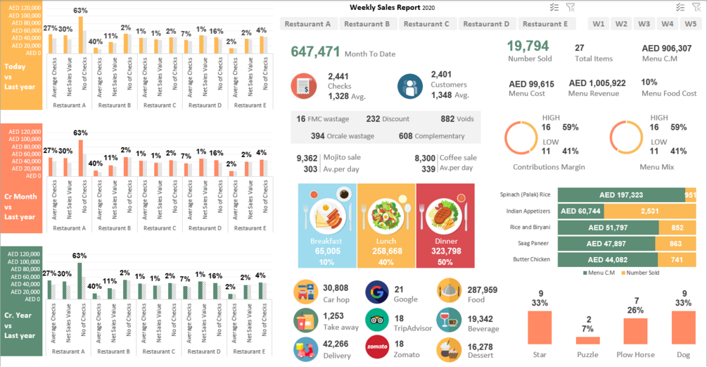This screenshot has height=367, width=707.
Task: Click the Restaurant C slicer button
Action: pos(427,24)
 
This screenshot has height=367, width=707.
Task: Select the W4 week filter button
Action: pos(667,24)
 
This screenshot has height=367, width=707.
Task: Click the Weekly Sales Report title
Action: pos(386,7)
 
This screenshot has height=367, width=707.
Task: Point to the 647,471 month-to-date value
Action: pos(315,52)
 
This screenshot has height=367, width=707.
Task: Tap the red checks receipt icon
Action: pos(304,86)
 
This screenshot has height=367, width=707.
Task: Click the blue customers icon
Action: pos(409,86)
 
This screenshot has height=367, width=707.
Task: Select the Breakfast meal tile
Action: pos(327,225)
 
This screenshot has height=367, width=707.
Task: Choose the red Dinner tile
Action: pos(445,225)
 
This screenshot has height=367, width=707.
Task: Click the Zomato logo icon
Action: pos(377,347)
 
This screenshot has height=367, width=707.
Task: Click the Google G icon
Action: pos(377,292)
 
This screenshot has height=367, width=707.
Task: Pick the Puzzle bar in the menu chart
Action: pos(588,340)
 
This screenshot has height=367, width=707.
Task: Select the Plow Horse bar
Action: pos(635,331)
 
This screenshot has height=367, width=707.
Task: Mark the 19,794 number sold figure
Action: pos(528,46)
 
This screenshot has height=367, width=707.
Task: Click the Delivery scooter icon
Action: pos(305,348)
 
